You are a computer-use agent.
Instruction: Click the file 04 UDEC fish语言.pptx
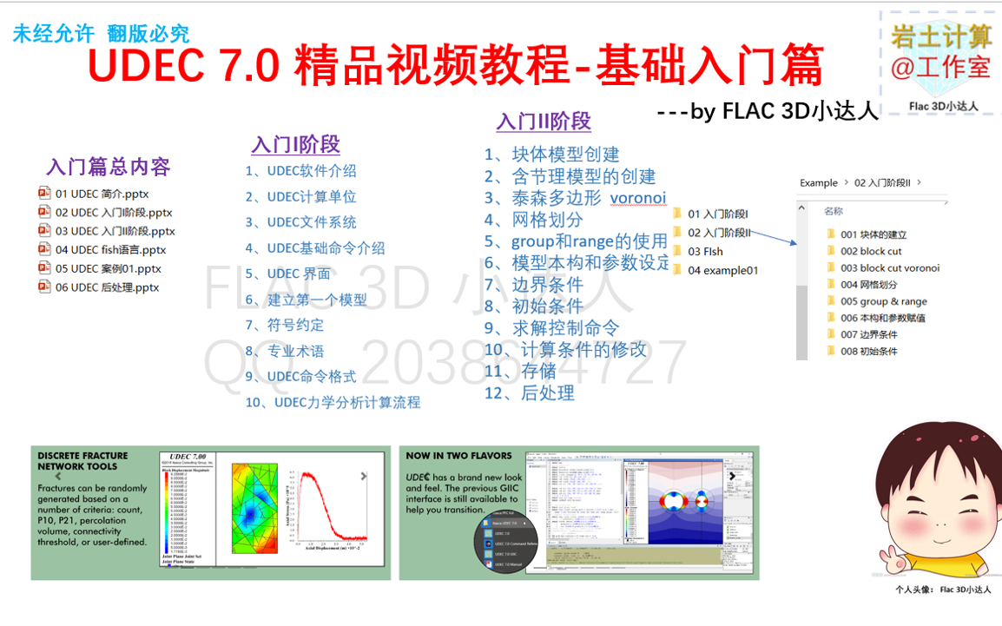pyautogui.click(x=109, y=250)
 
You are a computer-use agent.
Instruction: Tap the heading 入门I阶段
pyautogui.click(x=295, y=144)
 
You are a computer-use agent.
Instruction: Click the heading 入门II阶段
pyautogui.click(x=544, y=122)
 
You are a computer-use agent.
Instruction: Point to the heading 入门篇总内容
pyautogui.click(x=109, y=167)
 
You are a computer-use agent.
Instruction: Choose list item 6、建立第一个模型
pyautogui.click(x=306, y=300)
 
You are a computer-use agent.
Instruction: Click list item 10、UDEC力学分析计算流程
pyautogui.click(x=333, y=402)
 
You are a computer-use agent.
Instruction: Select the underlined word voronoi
pyautogui.click(x=637, y=198)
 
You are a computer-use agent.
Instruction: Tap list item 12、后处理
pyautogui.click(x=530, y=393)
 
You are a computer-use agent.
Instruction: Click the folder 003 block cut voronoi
pyautogui.click(x=889, y=268)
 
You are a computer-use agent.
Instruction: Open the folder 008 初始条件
pyautogui.click(x=868, y=352)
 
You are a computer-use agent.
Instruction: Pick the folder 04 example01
pyautogui.click(x=722, y=270)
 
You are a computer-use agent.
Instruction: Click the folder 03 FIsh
pyautogui.click(x=705, y=252)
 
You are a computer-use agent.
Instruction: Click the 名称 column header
pyautogui.click(x=834, y=211)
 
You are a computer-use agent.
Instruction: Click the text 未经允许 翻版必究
pyautogui.click(x=101, y=34)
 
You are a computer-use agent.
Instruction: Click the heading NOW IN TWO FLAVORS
pyautogui.click(x=458, y=455)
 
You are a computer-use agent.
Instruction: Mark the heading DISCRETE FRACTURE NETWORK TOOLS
pyautogui.click(x=82, y=460)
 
